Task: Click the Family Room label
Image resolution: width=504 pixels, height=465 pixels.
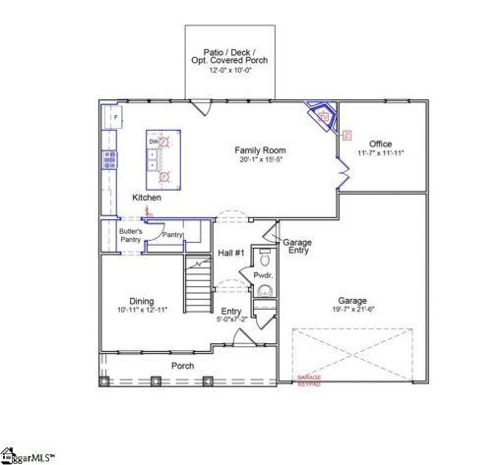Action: [x=260, y=150]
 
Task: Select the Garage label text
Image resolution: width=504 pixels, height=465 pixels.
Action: [x=352, y=301]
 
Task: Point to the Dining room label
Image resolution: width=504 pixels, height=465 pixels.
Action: [x=141, y=301]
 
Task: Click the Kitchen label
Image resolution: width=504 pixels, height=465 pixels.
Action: [x=147, y=198]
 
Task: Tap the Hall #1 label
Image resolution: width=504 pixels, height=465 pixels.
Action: [x=231, y=254]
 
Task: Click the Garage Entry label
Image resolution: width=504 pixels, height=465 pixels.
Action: [x=296, y=247]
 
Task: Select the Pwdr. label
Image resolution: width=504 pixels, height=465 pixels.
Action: [x=263, y=276]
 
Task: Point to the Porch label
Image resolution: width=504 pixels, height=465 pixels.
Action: [x=182, y=366]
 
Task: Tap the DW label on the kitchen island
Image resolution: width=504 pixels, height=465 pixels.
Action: [x=155, y=142]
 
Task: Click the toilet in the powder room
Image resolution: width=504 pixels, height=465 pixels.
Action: [x=263, y=259]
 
